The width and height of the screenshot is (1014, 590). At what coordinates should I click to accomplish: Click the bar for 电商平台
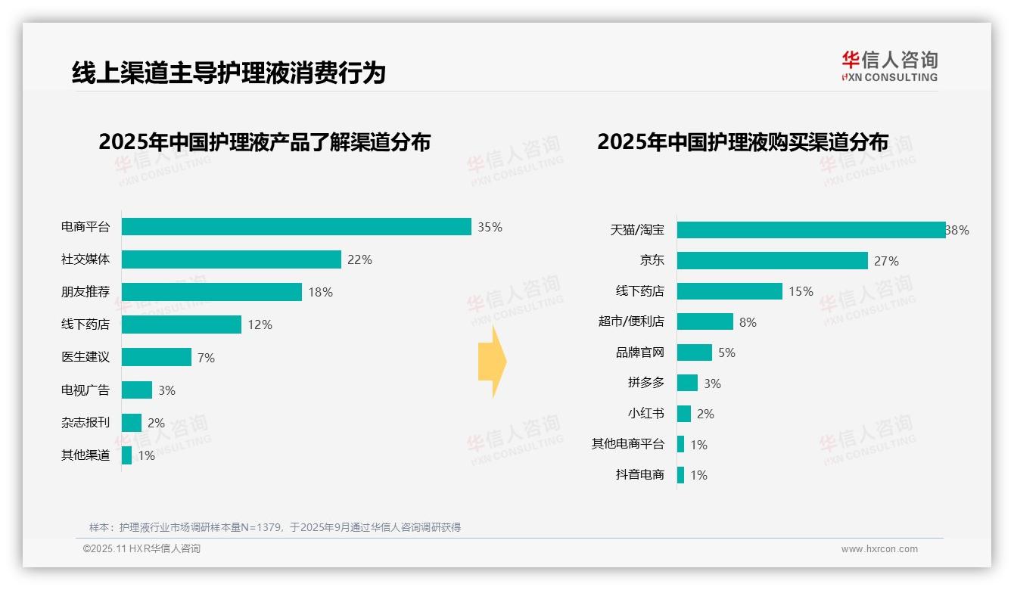click(297, 227)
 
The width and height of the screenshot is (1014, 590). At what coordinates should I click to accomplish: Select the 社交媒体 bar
click(232, 259)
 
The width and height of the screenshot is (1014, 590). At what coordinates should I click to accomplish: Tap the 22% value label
click(359, 259)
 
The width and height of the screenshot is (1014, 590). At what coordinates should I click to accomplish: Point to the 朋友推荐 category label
click(86, 292)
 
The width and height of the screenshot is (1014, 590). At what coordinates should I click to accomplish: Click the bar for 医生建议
click(157, 357)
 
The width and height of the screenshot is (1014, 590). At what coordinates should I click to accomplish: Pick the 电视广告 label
click(86, 390)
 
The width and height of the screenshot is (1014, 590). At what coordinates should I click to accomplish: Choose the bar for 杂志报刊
click(132, 423)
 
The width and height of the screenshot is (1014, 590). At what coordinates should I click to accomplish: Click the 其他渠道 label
click(86, 455)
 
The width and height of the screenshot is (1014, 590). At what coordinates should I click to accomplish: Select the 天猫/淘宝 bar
click(811, 230)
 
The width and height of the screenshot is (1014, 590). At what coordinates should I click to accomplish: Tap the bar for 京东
click(773, 261)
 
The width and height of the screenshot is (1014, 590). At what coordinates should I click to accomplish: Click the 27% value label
click(886, 261)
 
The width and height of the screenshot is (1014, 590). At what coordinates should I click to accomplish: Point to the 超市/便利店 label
click(631, 321)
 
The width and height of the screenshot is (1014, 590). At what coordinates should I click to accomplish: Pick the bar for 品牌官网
click(695, 352)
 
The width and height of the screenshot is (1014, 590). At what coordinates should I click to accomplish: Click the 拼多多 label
click(646, 383)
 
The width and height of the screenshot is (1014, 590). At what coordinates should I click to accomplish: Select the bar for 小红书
click(684, 414)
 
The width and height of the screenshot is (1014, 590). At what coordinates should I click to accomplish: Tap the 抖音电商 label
click(640, 475)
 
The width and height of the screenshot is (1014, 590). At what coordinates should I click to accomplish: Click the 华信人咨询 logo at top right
click(889, 67)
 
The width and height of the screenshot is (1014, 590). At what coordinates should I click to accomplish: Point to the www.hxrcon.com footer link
click(879, 549)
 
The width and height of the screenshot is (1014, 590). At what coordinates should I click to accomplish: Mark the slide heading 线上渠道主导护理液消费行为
click(229, 73)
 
